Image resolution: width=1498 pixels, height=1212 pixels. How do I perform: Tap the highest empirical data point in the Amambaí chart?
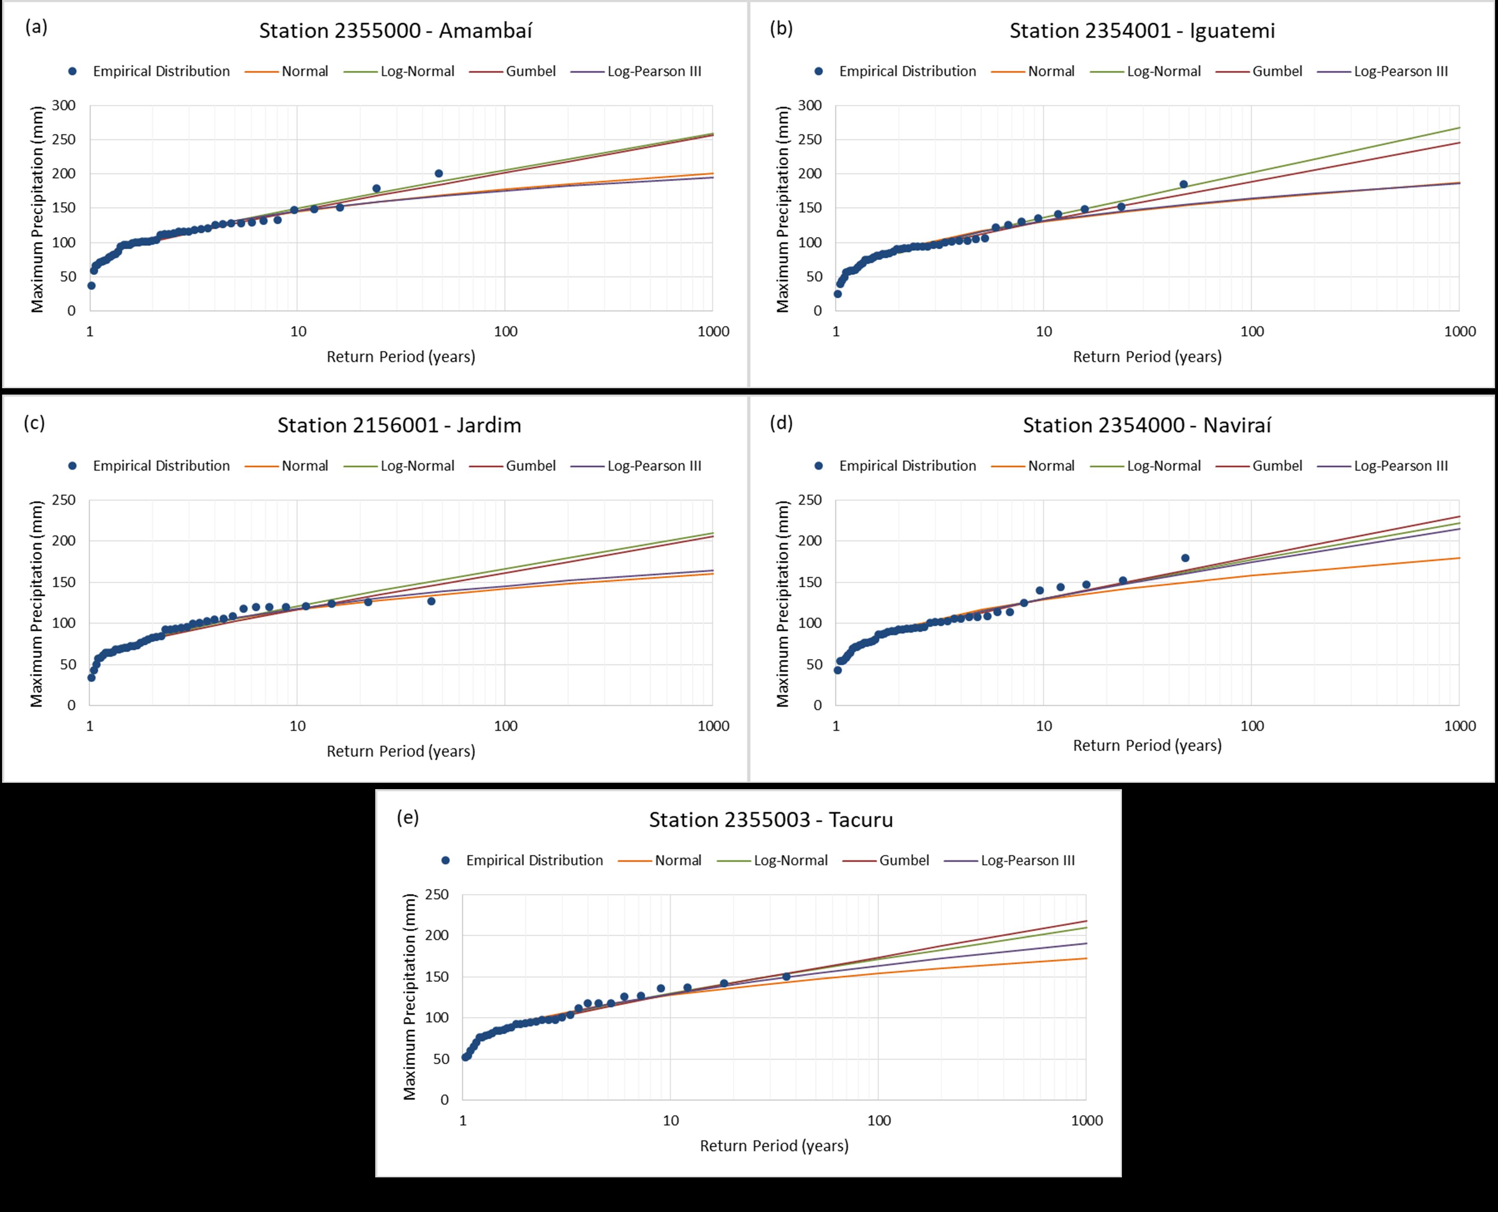pyautogui.click(x=439, y=173)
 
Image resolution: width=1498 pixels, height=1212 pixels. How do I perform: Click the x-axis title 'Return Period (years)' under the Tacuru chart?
pyautogui.click(x=774, y=1146)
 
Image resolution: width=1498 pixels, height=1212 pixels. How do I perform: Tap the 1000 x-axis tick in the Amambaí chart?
pyautogui.click(x=713, y=332)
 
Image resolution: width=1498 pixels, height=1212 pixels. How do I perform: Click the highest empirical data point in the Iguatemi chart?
pyautogui.click(x=1184, y=184)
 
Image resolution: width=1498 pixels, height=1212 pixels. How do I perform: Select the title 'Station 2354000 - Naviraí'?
pyautogui.click(x=1147, y=425)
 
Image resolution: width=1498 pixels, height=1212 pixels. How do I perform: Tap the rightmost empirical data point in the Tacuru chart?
pyautogui.click(x=786, y=976)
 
